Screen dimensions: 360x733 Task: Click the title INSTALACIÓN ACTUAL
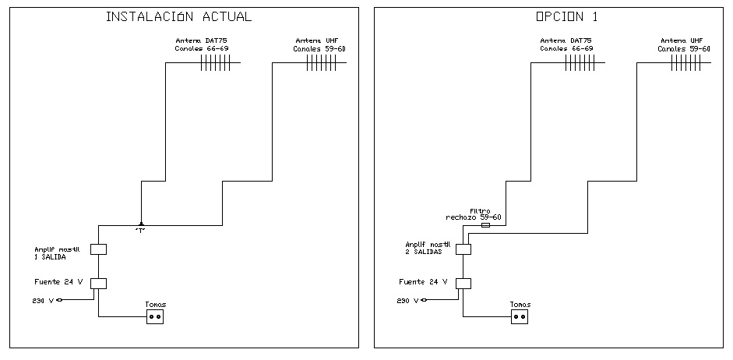179,16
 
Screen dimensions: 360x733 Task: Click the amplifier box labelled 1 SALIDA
99,249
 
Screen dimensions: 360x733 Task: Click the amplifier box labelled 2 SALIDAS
463,249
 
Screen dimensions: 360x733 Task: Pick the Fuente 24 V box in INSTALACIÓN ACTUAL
99,283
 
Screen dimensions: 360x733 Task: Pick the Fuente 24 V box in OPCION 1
463,283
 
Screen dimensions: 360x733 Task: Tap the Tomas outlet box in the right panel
520,316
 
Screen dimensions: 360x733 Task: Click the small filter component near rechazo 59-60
487,225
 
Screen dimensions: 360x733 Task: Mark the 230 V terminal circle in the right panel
424,299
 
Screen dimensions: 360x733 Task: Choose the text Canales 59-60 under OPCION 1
683,48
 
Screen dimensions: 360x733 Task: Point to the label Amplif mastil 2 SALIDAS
425,248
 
